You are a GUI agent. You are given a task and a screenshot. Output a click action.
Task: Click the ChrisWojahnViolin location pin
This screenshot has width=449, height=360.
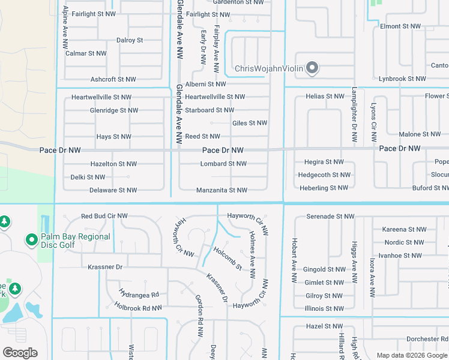[312, 68]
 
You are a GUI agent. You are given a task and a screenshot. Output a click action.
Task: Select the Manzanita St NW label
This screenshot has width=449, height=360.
[221, 190]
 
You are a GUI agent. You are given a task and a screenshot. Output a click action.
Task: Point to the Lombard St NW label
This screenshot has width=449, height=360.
[223, 164]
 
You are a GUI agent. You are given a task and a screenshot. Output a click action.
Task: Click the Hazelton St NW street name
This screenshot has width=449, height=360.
[113, 164]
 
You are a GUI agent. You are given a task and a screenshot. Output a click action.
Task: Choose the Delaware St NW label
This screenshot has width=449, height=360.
[113, 190]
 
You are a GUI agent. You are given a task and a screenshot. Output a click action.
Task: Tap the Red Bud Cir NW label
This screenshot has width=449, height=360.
[104, 216]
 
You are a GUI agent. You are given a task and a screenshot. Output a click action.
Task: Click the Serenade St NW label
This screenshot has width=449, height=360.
[330, 216]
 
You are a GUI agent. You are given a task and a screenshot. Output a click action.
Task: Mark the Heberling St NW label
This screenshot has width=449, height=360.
[323, 188]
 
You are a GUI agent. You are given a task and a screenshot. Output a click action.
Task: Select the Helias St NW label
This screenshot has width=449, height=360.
[325, 96]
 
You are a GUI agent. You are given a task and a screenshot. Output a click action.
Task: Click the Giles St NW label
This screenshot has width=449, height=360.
[249, 123]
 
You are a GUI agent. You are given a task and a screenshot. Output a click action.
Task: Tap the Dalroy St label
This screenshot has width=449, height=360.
[130, 40]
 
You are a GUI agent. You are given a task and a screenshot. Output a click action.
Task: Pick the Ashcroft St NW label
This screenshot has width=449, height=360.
[113, 79]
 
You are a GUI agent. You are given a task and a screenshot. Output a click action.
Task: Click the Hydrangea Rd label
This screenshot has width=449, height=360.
[139, 295]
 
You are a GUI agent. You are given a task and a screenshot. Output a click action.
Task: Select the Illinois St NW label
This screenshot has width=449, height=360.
[324, 308]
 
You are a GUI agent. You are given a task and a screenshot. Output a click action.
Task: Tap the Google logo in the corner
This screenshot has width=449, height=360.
[20, 353]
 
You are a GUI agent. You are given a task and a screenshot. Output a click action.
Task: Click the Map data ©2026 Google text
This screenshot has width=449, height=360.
[412, 355]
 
